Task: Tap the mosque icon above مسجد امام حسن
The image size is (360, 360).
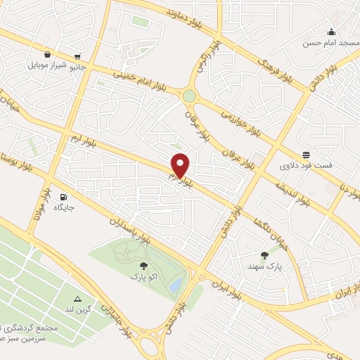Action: coord(332,32)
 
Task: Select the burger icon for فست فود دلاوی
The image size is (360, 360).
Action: coord(306,155)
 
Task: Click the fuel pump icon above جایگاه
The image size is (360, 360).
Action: coord(64,197)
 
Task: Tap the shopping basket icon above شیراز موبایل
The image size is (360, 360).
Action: coord(46,54)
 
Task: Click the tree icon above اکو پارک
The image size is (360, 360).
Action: coord(143,266)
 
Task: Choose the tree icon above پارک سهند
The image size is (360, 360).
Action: coord(264,255)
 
